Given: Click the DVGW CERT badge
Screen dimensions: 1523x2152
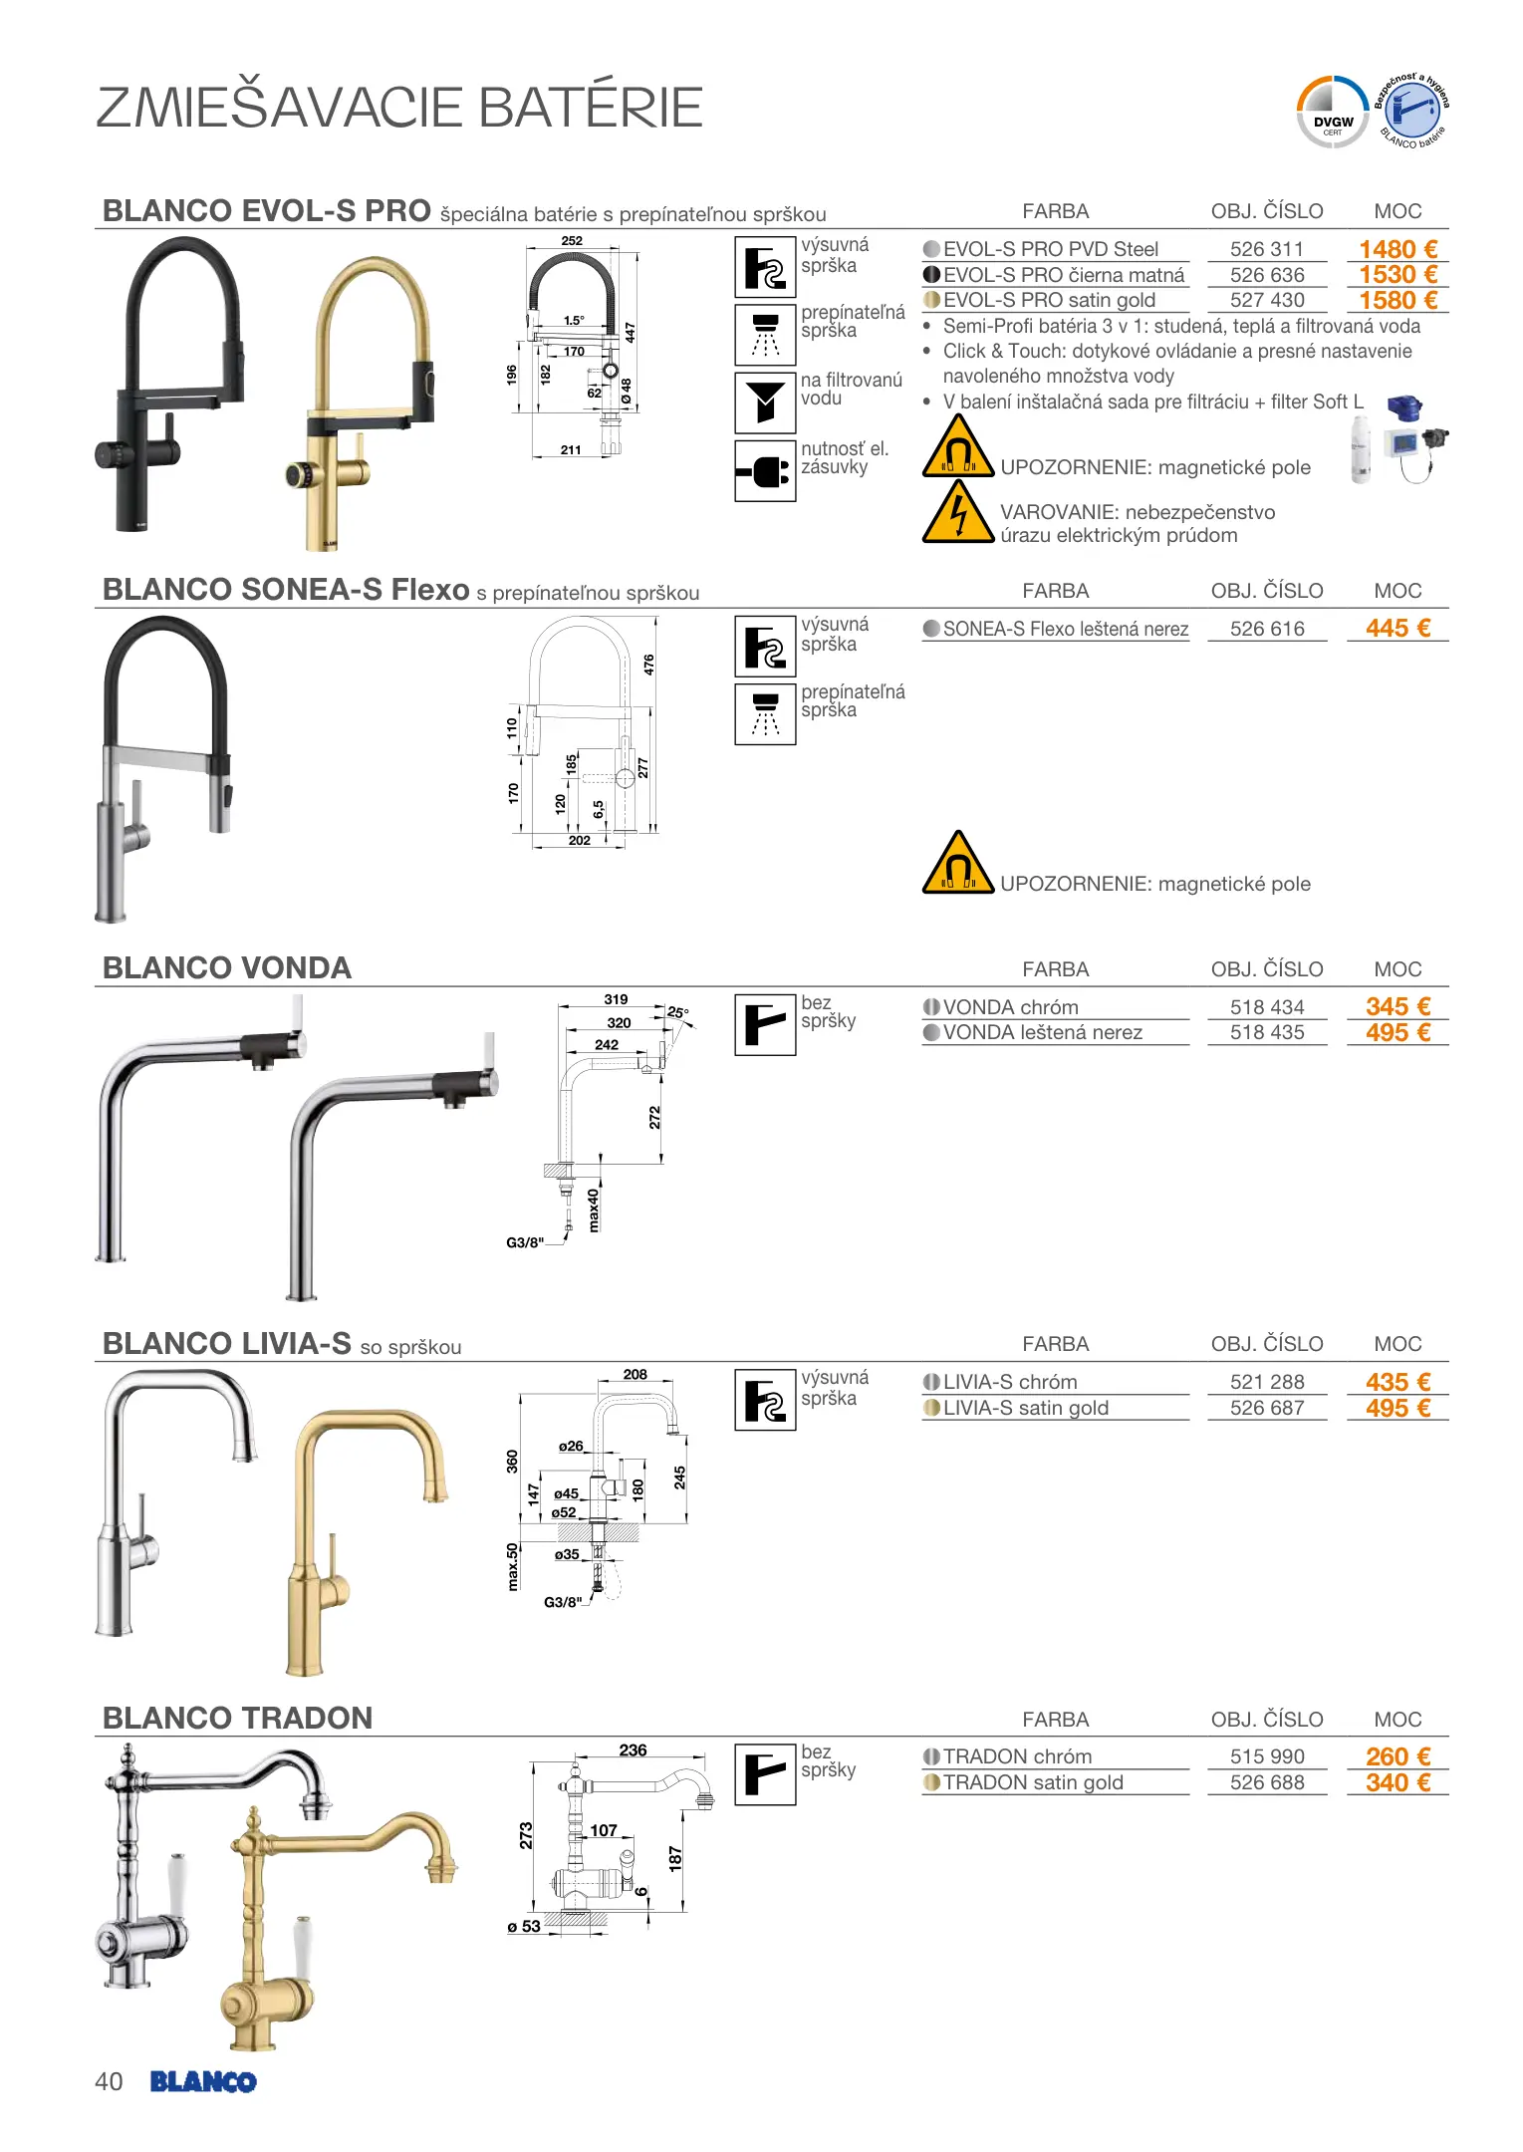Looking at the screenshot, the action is pos(1333,113).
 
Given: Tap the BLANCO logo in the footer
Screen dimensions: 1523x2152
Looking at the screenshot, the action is pos(203,2081).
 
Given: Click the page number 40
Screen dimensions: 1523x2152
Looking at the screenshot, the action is pos(109,2081).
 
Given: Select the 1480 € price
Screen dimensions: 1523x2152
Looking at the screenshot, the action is pos(1397,249).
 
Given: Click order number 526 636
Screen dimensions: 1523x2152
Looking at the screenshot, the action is pos(1267,275).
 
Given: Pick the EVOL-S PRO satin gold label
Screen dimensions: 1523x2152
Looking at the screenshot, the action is pos(1049,300).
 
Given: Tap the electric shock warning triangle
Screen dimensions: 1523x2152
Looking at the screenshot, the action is pos(958,512).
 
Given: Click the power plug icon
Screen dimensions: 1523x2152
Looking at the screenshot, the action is pos(765,471).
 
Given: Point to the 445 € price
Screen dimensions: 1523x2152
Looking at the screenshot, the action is pos(1397,628).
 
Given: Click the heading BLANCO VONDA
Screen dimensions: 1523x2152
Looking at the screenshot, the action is pos(227,967).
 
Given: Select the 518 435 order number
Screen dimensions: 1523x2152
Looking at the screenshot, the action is pos(1267,1032).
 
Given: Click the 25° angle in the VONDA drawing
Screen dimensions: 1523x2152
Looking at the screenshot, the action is pos(678,1012).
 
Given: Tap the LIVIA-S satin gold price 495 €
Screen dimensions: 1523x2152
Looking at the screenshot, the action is pos(1397,1408).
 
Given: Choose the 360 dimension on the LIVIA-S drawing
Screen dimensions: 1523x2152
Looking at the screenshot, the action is pos(512,1462).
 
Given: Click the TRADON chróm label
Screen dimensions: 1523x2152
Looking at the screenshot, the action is pos(1017,1756).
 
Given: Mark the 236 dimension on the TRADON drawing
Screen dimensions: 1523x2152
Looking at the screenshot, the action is pos(633,1749).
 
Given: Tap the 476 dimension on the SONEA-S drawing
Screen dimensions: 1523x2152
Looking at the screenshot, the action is pos(649,665).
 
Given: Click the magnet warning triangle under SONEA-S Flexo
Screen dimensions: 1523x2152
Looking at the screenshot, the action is pos(958,863).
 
